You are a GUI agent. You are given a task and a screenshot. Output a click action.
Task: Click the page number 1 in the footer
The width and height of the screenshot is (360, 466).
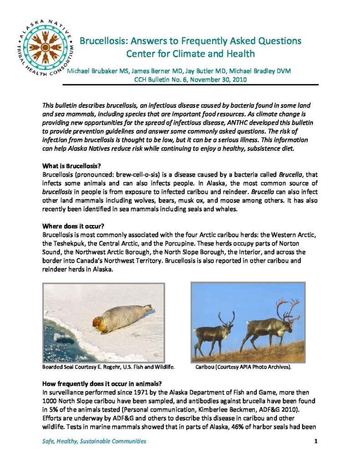pos(316,441)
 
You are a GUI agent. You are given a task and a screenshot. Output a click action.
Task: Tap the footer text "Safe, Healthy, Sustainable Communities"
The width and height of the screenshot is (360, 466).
pos(94,441)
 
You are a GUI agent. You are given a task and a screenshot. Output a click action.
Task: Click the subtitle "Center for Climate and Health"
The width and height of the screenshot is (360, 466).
pos(190,54)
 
